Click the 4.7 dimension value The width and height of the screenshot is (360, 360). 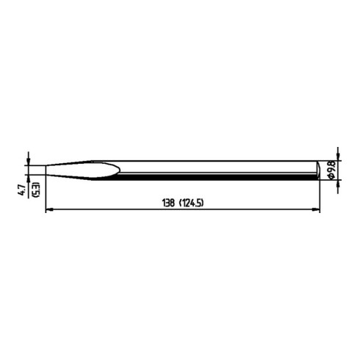[22, 190]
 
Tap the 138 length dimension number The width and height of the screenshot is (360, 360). [168, 203]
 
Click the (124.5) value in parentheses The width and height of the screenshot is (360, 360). [192, 203]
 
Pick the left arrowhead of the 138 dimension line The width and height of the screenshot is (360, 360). [49, 209]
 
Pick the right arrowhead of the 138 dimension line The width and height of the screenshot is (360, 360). [317, 209]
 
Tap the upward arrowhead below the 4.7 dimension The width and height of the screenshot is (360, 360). [29, 178]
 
